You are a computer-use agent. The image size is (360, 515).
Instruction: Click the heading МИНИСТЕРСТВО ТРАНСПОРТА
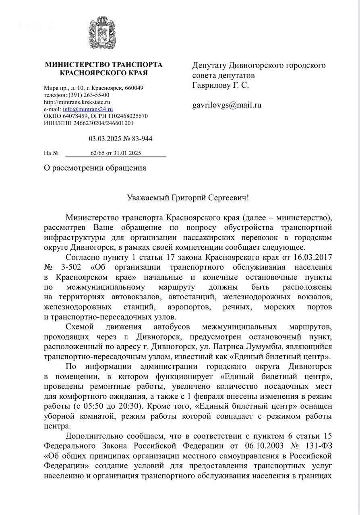click(103, 65)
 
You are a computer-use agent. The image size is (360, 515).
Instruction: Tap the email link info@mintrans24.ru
click(88, 109)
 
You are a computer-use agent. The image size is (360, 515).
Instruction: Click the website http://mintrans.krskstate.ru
click(74, 102)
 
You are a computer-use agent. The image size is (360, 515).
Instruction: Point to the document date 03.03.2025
click(106, 139)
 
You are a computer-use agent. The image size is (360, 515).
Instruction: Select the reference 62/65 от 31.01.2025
click(116, 153)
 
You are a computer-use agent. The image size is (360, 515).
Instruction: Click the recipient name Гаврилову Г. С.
click(220, 85)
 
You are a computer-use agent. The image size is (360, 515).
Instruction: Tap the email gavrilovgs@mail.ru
click(227, 105)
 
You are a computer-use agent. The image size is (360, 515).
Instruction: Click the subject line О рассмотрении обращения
click(95, 168)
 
